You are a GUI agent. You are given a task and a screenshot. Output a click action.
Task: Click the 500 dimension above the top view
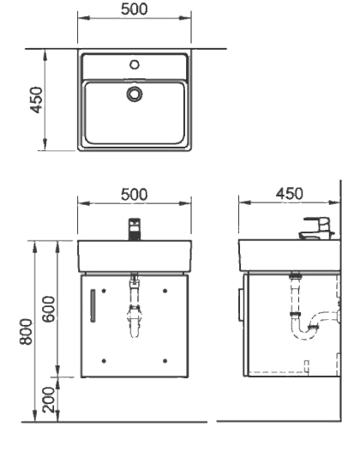point(133,9)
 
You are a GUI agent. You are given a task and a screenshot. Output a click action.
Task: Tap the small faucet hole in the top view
point(133,64)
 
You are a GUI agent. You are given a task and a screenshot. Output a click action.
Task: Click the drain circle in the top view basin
point(133,93)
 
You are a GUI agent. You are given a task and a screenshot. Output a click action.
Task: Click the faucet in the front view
point(133,229)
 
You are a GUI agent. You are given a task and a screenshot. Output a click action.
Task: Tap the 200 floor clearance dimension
point(49,399)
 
